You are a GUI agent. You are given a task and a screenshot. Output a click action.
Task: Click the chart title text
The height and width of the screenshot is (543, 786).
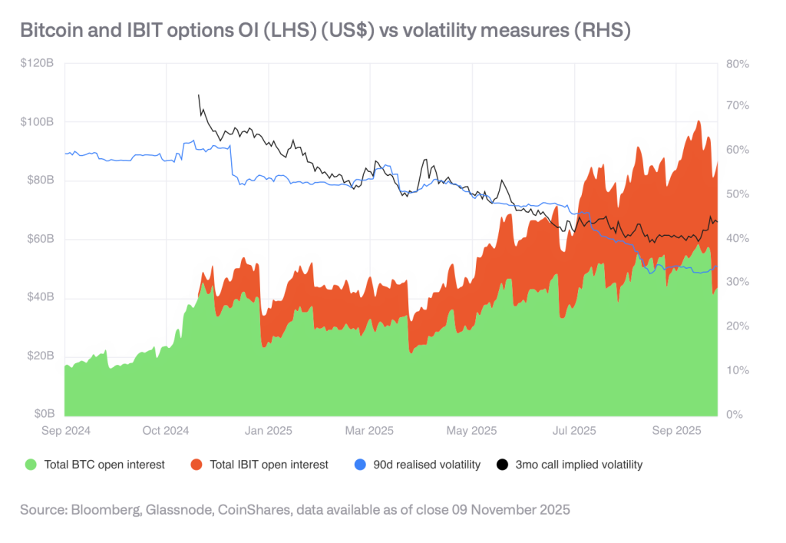325,31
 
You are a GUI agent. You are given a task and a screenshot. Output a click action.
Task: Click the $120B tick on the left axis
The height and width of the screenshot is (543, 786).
38,64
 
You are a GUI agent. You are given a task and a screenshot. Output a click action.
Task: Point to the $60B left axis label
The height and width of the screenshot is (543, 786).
40,240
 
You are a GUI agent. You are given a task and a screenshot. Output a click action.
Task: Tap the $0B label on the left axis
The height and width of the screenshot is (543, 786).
43,415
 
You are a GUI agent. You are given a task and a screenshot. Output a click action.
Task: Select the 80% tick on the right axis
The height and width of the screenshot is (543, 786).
738,64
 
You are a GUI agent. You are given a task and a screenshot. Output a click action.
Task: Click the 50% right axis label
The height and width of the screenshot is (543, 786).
738,195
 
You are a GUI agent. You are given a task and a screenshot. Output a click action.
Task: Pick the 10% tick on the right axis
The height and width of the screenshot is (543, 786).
738,371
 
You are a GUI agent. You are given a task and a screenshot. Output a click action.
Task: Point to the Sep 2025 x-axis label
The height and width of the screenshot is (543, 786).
676,431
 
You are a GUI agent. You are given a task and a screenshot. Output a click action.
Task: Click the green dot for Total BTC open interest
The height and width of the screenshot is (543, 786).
31,465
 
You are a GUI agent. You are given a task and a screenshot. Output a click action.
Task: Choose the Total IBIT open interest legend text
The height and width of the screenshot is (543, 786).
268,465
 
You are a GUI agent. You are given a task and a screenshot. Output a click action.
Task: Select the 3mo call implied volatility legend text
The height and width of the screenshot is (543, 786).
578,465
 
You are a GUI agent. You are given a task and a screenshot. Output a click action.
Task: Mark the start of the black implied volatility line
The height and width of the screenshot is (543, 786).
199,95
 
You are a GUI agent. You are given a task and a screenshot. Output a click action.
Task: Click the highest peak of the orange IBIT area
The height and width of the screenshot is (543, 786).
698,121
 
